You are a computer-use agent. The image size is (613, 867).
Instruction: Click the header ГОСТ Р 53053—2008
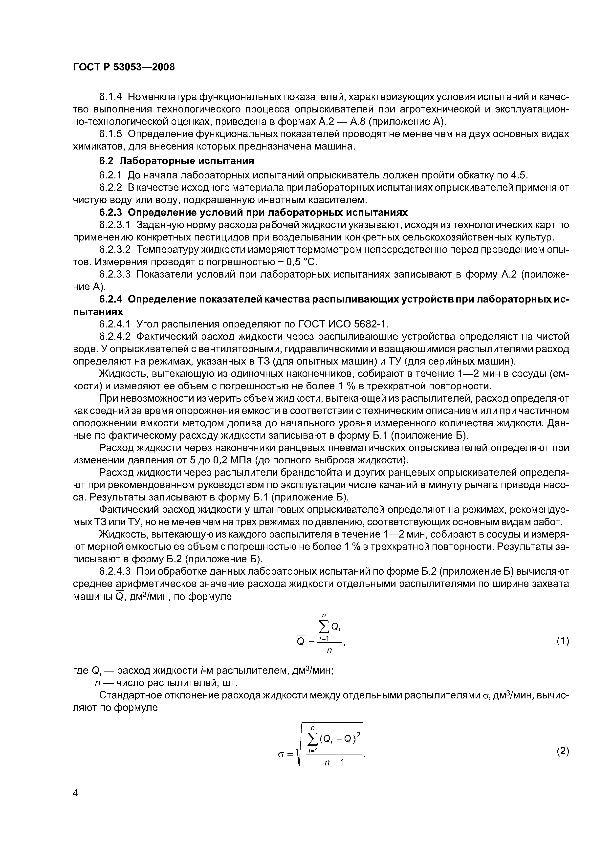124,67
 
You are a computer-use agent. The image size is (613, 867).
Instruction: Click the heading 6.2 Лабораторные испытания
176,161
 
